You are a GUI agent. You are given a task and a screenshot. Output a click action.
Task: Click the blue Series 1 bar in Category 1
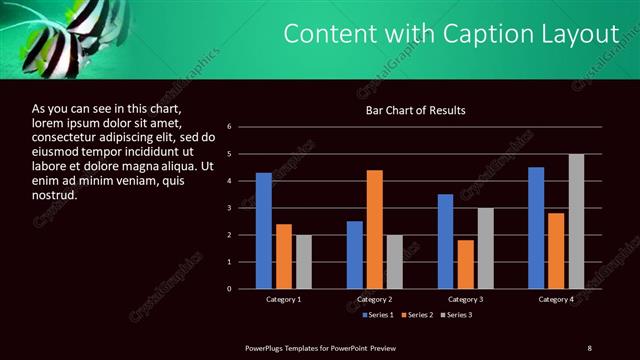pos(263,231)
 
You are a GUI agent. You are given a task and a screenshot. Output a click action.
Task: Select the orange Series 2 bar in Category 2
pos(375,229)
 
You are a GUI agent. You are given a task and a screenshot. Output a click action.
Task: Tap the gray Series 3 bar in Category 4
pos(576,221)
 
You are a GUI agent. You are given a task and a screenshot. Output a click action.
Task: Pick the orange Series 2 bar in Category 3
pos(466,264)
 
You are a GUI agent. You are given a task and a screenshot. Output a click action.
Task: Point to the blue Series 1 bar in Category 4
pos(536,228)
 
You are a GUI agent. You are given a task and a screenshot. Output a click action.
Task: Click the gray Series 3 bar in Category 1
pos(303,262)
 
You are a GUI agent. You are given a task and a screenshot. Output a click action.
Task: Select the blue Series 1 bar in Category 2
pos(355,255)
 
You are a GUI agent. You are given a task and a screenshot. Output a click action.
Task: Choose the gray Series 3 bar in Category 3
pos(486,248)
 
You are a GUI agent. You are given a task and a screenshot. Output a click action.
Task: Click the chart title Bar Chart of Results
pos(415,111)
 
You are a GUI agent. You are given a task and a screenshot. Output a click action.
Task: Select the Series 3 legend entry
pos(455,315)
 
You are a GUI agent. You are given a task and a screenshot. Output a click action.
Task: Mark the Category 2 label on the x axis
pos(375,299)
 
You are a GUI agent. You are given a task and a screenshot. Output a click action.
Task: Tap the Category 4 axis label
pos(556,299)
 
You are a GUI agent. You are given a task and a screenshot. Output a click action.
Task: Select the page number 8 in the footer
pos(589,347)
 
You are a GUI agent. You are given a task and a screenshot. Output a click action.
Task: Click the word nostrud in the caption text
pos(55,194)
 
